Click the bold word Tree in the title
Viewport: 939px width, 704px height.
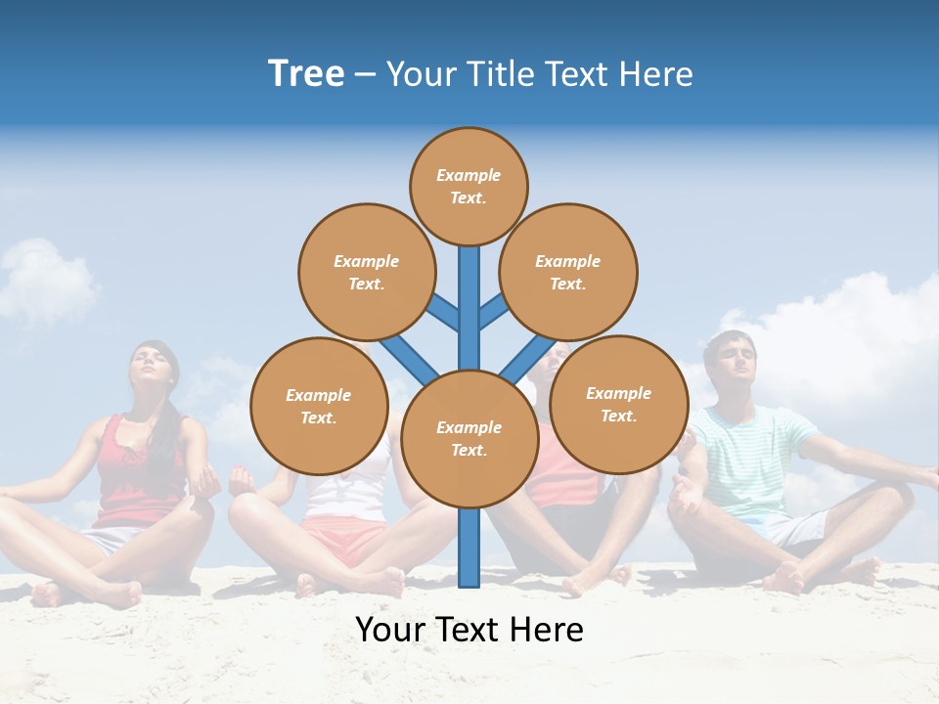[306, 73]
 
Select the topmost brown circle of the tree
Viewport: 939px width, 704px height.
[469, 186]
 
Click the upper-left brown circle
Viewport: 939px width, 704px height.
[366, 272]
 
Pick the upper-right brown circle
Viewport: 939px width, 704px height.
[567, 272]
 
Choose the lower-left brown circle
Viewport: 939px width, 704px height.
[319, 406]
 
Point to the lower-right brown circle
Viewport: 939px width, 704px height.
[618, 404]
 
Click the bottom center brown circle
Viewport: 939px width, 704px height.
[469, 438]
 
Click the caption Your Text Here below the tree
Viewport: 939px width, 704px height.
[469, 630]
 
